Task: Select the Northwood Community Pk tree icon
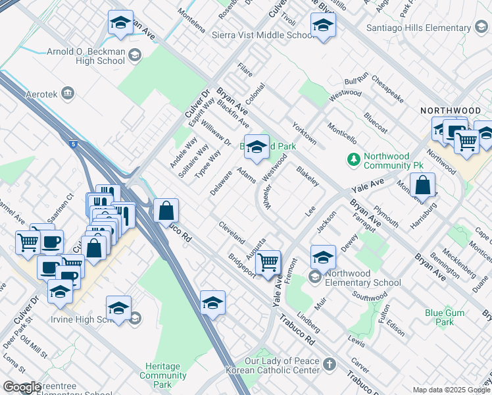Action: (354, 159)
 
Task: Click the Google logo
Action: (22, 387)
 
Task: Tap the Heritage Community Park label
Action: (163, 375)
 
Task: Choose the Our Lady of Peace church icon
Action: (328, 363)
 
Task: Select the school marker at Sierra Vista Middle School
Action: (323, 26)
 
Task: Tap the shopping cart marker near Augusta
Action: (268, 263)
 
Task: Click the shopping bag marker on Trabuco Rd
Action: (167, 211)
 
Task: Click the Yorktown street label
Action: (305, 133)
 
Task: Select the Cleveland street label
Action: (232, 232)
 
